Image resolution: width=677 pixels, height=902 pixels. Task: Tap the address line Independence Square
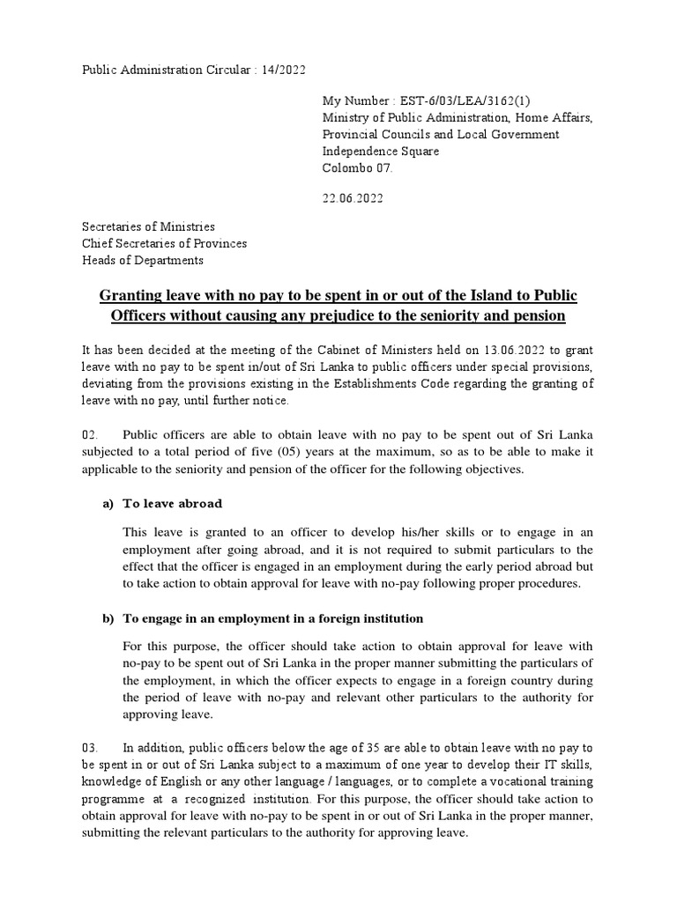tap(380, 151)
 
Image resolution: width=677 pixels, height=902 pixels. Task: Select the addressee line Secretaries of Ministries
tap(148, 227)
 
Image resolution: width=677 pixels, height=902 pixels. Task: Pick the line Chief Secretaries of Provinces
tap(164, 243)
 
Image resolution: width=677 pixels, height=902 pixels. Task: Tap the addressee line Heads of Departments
tap(143, 260)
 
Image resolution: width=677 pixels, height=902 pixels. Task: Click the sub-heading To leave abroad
tap(172, 503)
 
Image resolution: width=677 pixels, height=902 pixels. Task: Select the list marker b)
tap(109, 618)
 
